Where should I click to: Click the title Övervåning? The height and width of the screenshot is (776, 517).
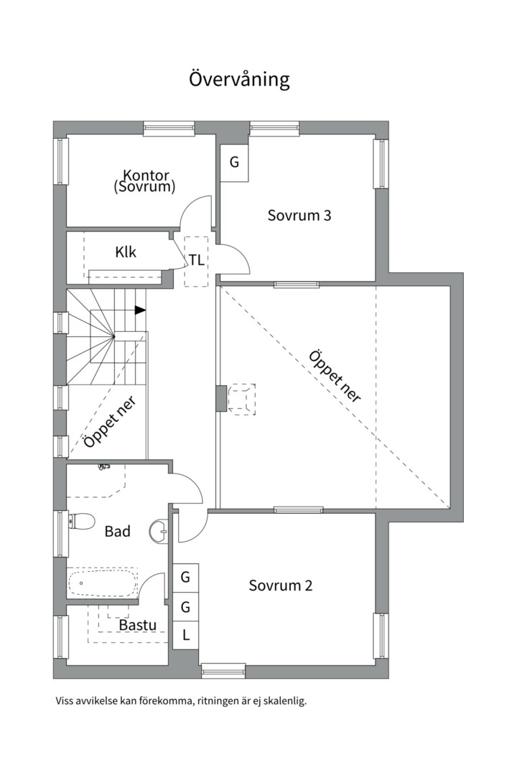point(239,79)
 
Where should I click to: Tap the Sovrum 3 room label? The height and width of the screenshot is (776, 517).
point(299,216)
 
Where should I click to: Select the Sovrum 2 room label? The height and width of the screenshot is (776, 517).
point(281,586)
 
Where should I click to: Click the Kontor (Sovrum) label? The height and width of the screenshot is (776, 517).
point(144,181)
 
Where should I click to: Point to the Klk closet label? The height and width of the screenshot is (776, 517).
point(126,252)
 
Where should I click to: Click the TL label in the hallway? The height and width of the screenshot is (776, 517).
point(197,260)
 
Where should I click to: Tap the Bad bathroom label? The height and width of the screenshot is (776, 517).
point(118,532)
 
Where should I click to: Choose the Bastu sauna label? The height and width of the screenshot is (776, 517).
point(138,625)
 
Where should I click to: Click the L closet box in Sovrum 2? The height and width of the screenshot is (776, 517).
point(185,635)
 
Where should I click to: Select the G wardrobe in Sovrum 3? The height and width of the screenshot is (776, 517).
point(234,162)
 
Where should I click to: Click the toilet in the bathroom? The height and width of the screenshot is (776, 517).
point(81,521)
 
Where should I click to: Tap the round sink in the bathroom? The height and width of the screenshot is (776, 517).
point(159,532)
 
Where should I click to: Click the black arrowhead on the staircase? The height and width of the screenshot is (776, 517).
point(141,310)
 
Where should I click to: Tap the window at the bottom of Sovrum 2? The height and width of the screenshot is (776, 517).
point(223,672)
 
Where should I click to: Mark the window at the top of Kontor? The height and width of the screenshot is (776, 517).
point(169,128)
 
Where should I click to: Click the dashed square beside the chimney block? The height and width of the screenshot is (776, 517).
point(241,399)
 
